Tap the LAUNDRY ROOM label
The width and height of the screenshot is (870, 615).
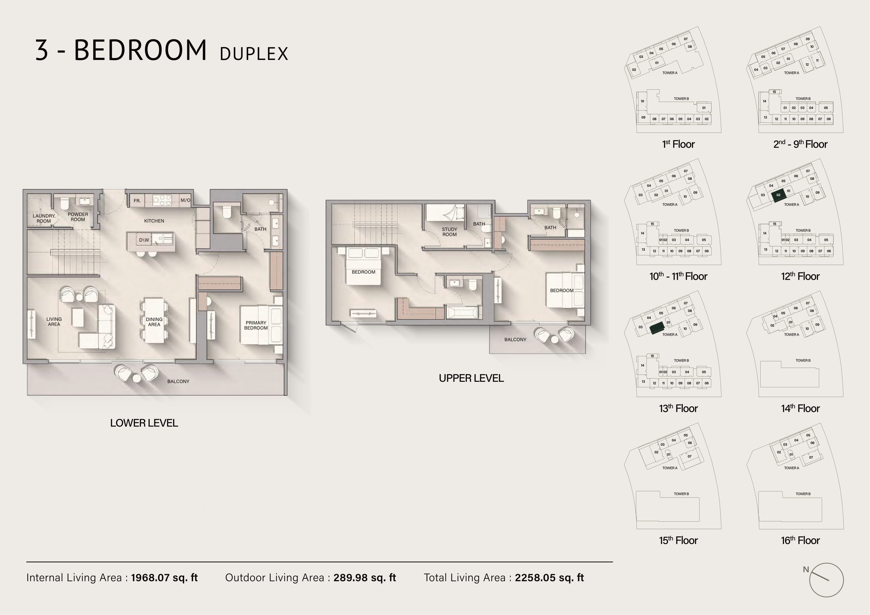(44, 218)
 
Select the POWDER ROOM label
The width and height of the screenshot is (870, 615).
(78, 217)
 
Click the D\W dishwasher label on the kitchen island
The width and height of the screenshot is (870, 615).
(144, 240)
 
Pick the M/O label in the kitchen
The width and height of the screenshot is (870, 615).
(185, 200)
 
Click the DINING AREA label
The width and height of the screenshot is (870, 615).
(154, 322)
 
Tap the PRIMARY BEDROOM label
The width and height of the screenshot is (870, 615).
(256, 325)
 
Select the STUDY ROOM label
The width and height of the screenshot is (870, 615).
(449, 232)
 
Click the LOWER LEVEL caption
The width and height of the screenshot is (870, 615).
(144, 423)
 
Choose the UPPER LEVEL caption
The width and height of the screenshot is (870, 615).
(471, 378)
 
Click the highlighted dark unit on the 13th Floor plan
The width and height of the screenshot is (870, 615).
(657, 328)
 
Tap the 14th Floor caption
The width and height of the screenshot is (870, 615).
(800, 408)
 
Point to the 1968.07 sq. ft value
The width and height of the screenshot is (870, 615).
(164, 577)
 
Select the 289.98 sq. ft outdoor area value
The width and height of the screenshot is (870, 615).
(365, 577)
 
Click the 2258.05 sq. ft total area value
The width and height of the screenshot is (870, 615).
(549, 577)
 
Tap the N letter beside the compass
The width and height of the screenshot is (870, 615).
(806, 569)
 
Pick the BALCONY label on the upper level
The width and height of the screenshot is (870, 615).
(515, 339)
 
